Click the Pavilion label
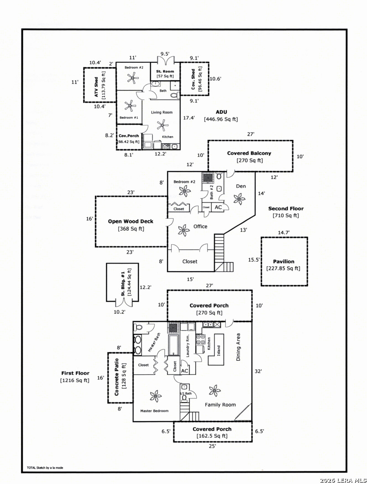(283, 261)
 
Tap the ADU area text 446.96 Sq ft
(221, 119)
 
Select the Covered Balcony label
(249, 153)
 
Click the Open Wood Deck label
(130, 221)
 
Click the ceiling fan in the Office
(184, 230)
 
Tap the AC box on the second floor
(218, 207)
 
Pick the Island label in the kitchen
(219, 350)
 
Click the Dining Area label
(238, 347)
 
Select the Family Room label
(220, 405)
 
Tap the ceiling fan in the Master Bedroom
(155, 396)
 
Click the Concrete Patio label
(117, 377)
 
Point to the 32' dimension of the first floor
(258, 372)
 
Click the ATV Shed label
(96, 87)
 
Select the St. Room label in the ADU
(165, 71)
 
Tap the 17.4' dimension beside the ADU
(189, 117)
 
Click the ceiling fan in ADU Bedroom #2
(133, 78)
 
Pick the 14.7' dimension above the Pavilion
(284, 233)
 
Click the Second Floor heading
(286, 209)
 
